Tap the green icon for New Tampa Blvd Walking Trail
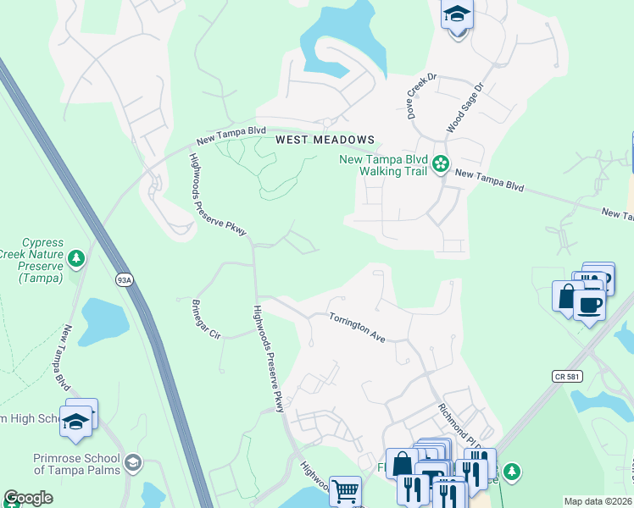pos(441,163)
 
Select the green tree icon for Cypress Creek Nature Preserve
pos(76,257)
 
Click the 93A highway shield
pos(124,279)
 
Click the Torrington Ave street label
pos(357,327)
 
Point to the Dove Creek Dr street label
pos(421,96)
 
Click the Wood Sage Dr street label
pos(464,108)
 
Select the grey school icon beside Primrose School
pos(133,462)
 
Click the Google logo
pos(28,498)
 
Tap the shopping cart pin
pos(345,489)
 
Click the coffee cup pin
pos(590,305)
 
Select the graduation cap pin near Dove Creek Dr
pos(457,14)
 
